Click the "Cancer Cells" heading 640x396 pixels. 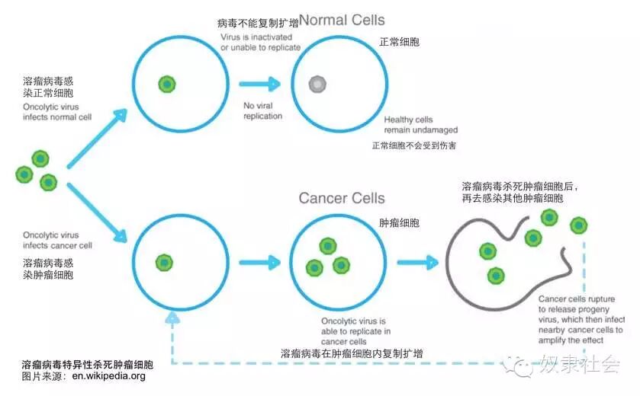[341, 199]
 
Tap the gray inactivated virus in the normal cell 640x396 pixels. [317, 85]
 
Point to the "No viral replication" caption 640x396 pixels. [262, 110]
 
